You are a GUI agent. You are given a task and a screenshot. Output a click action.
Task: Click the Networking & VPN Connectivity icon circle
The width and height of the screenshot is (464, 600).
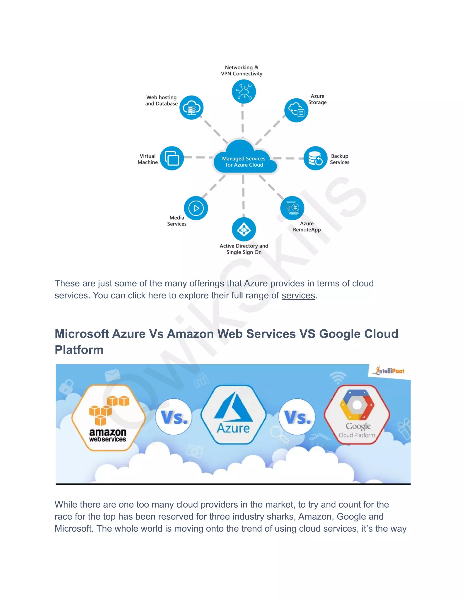[x=244, y=91]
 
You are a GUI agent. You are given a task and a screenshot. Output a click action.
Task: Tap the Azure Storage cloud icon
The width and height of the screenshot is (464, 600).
[x=296, y=110]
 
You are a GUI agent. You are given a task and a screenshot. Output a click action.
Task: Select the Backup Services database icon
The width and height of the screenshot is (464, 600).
[x=315, y=158]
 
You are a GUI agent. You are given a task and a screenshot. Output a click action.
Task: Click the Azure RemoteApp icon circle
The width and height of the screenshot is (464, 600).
[x=292, y=208]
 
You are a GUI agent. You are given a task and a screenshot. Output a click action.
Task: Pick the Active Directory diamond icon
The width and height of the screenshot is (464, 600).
[x=244, y=229]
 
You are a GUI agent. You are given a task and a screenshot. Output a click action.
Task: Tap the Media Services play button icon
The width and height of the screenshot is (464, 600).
[x=196, y=208]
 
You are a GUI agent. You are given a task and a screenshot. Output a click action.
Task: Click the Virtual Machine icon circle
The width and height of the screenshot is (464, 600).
[x=172, y=158]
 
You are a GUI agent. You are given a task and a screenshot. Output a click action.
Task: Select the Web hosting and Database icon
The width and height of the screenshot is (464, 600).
[x=191, y=107]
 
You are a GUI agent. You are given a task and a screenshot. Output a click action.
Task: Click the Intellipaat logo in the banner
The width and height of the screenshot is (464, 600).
[x=389, y=371]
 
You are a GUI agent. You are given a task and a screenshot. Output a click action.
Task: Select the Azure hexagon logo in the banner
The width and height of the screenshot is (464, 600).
[x=233, y=415]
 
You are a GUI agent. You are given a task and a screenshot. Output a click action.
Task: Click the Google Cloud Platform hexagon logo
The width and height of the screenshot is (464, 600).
[x=357, y=415]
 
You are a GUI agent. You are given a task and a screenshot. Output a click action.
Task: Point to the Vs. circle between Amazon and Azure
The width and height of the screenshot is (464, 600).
[x=174, y=417]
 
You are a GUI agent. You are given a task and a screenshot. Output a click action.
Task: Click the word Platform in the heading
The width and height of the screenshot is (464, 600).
[x=79, y=350]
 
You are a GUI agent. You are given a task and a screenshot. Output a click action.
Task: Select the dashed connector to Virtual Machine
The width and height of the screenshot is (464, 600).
[x=197, y=157]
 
